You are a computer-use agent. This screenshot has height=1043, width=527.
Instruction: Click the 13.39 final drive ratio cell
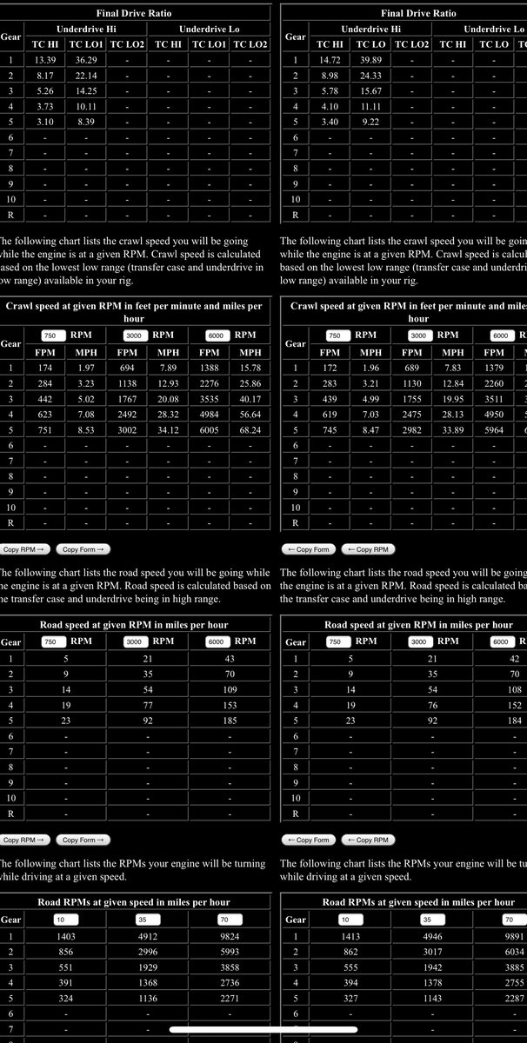coord(45,60)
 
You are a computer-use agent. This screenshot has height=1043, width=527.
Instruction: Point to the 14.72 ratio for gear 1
coord(330,60)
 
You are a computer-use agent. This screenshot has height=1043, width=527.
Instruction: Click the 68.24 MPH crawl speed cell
coord(250,429)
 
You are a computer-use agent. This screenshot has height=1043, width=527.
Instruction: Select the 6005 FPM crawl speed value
coord(210,429)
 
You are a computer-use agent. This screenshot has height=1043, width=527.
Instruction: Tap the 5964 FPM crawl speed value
coord(494,429)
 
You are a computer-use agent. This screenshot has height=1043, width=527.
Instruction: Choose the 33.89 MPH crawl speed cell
coord(453,429)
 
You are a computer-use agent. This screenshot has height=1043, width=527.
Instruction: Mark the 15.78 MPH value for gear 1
coord(250,369)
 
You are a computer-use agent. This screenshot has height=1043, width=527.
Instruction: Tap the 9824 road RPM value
coord(230,936)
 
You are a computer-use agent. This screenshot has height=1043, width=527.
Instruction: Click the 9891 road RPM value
coord(514,936)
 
